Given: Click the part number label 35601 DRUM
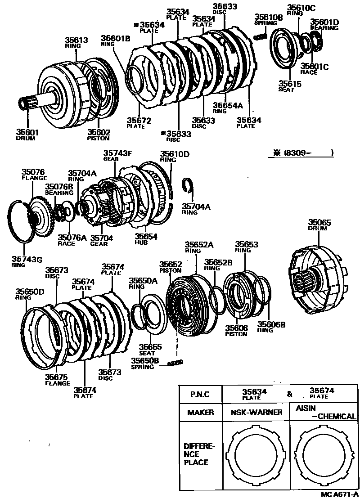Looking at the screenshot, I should [27, 135].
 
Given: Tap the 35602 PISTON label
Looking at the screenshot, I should [98, 135].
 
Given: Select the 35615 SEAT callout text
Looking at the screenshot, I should [287, 86].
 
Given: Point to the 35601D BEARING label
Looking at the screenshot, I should [324, 24].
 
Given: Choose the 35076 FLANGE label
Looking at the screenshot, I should [34, 174].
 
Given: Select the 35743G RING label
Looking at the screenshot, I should [27, 261].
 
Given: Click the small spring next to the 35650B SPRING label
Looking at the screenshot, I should [175, 363].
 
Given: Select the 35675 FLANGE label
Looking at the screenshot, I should [58, 380].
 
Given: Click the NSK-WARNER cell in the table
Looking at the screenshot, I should [256, 412].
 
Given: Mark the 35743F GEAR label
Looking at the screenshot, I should [117, 155].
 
